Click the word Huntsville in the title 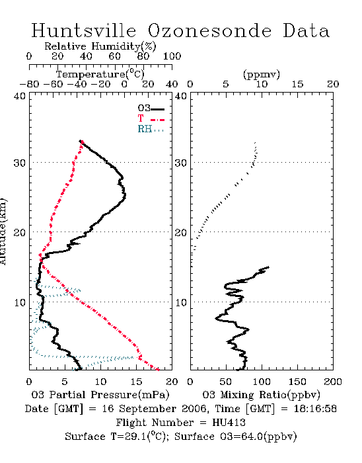tap(84, 30)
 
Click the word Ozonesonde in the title tap(209, 30)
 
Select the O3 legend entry tap(151, 108)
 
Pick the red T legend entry tap(151, 118)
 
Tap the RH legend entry tap(151, 129)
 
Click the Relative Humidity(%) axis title tap(100, 46)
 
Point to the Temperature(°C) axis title tap(100, 74)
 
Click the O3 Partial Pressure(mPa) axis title tap(100, 395)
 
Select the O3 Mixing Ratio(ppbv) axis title tap(262, 395)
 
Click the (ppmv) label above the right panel tap(262, 74)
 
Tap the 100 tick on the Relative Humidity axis tap(172, 56)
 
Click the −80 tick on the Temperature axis tap(29, 84)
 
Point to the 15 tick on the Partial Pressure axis tap(136, 382)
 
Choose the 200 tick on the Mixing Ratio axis tap(333, 382)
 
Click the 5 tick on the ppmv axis tap(226, 84)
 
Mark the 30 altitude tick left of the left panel tap(19, 163)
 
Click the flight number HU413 tap(229, 423)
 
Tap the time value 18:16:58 tap(315, 409)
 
